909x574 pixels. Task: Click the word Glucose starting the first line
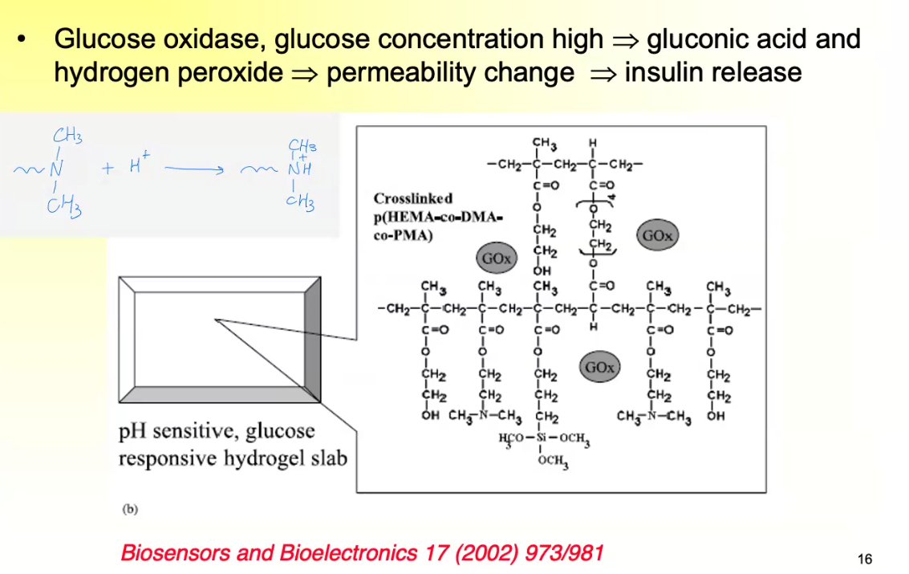coord(99,39)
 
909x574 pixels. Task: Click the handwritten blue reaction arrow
coord(193,169)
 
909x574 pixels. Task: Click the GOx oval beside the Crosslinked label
coord(496,259)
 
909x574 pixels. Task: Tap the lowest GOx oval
coord(599,368)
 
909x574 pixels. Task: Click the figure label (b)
coord(129,508)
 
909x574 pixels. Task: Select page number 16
coord(864,560)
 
